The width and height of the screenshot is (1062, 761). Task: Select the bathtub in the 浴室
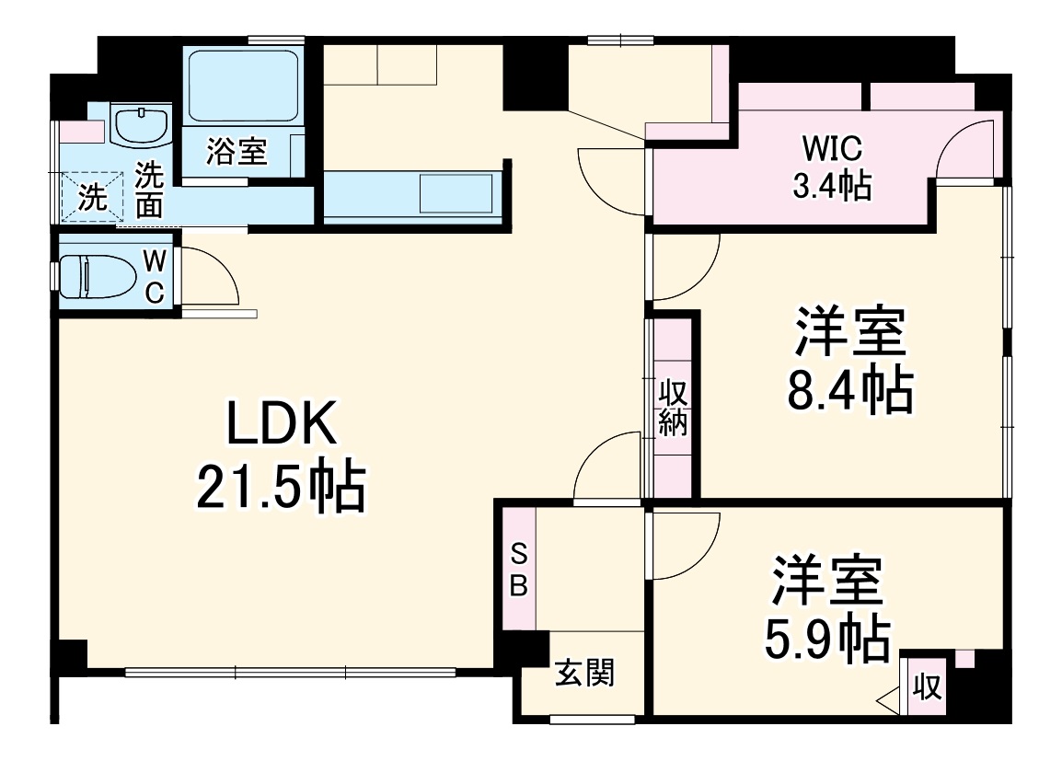pyautogui.click(x=244, y=86)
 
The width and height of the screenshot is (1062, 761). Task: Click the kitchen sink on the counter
pyautogui.click(x=456, y=194)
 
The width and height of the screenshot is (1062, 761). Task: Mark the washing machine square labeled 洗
pyautogui.click(x=91, y=197)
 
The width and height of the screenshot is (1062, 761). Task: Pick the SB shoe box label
pyautogui.click(x=519, y=571)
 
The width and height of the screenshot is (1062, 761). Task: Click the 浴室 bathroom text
pyautogui.click(x=237, y=152)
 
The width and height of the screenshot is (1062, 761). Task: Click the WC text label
pyautogui.click(x=155, y=276)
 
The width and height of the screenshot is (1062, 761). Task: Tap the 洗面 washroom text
pyautogui.click(x=148, y=190)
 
